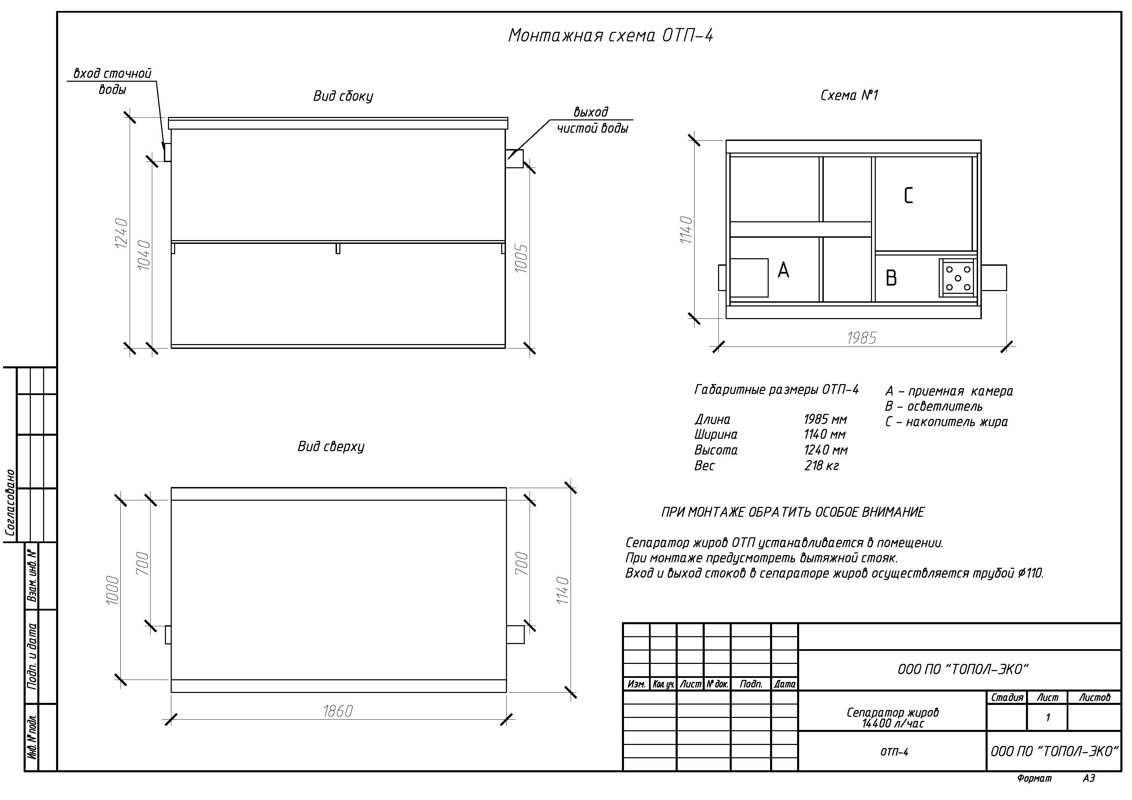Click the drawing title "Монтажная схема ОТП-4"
[611, 36]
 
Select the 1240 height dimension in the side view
[121, 233]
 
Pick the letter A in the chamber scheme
[783, 270]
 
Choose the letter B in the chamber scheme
[891, 278]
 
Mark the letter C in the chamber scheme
[908, 196]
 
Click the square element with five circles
[958, 278]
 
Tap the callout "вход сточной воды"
[113, 81]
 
